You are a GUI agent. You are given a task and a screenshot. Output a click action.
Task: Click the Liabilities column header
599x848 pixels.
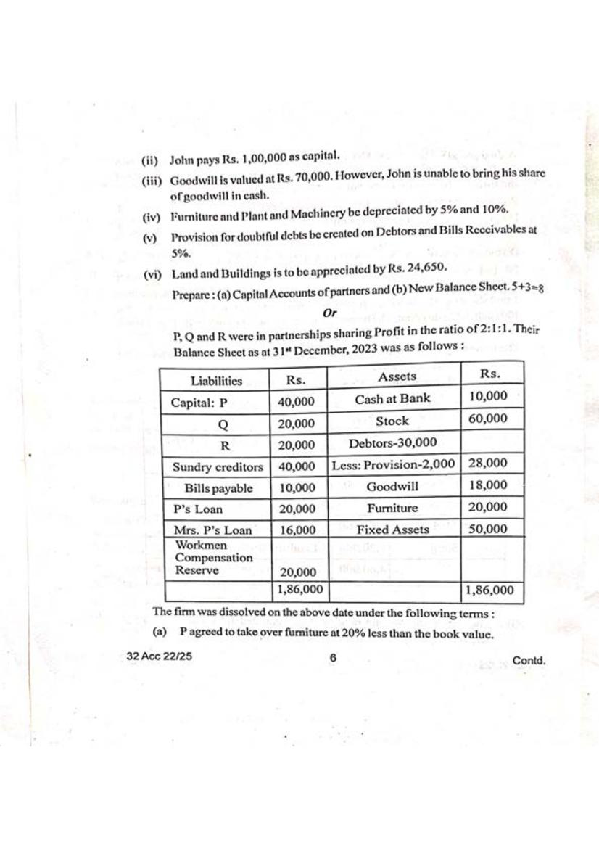coord(216,380)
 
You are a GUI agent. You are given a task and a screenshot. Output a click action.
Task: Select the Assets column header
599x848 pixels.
coord(397,376)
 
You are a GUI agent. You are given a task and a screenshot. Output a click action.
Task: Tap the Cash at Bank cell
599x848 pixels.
coord(392,398)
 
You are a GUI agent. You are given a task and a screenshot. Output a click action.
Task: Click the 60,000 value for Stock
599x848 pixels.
coord(487,419)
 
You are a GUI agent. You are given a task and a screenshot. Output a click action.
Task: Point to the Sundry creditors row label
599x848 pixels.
coord(218,467)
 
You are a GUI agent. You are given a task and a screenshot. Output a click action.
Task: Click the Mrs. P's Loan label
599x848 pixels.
coord(213,530)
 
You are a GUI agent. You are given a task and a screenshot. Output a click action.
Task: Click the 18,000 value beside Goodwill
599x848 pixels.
coord(487,485)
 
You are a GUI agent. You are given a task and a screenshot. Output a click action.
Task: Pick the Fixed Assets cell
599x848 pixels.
coord(392,530)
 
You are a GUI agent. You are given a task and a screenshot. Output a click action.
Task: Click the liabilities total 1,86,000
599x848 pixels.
coord(297,591)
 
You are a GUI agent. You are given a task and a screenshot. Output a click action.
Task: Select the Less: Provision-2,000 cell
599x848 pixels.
coord(394,464)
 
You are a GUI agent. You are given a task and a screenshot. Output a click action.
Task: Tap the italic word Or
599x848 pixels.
coord(330,313)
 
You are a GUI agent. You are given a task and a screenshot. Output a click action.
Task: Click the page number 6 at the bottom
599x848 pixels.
coord(333,658)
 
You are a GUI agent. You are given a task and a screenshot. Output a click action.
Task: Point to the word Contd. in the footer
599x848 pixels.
coord(528,660)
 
